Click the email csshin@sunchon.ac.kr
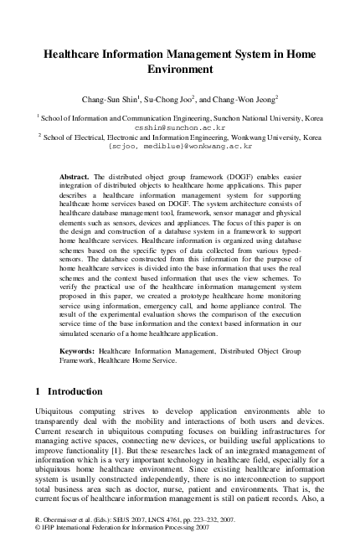click(x=181, y=128)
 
